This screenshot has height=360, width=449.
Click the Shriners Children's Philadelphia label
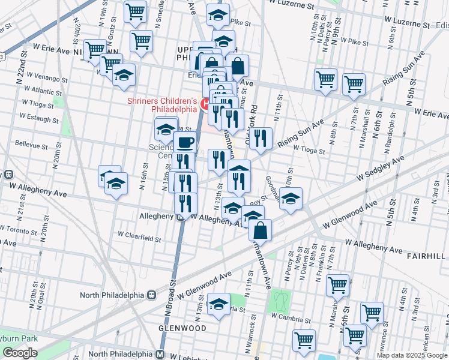162,105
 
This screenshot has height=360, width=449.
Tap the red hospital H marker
205,106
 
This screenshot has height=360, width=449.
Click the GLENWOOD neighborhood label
182,328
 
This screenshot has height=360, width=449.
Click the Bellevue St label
31,145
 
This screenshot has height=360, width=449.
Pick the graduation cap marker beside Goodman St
290,200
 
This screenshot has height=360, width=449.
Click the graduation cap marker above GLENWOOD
218,305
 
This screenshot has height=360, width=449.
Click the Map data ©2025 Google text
411,355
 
